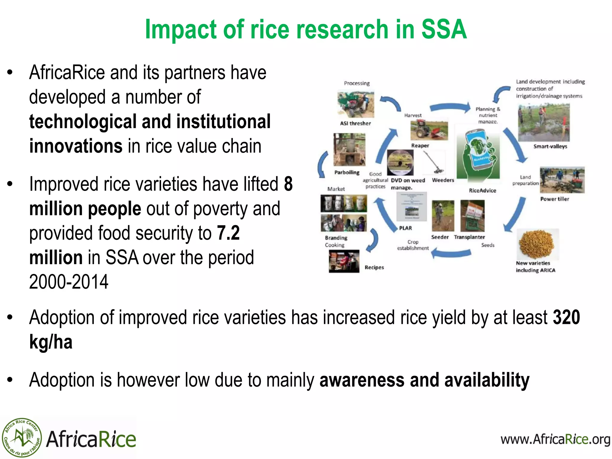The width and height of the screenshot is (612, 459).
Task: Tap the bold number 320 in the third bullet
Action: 566,317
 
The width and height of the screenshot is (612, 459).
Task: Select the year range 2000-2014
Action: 69,282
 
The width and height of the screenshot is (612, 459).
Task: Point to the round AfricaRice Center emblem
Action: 22,438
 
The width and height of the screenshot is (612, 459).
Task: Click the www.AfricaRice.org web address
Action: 555,439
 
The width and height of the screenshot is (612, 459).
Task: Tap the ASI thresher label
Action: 355,123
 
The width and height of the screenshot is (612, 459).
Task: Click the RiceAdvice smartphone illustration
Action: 478,155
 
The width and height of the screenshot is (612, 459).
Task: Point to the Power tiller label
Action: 554,199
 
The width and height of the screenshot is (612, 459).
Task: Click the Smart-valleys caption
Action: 550,146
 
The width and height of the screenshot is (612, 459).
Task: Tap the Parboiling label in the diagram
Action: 347,172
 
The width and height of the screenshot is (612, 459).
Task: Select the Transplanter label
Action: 469,237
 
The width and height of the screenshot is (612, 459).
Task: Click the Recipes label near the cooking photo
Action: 374,267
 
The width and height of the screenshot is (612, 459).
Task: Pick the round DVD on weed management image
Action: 400,163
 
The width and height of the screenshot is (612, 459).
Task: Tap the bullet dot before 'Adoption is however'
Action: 10,380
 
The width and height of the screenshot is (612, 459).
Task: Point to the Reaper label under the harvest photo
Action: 420,146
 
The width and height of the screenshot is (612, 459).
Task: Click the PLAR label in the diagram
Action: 405,228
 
